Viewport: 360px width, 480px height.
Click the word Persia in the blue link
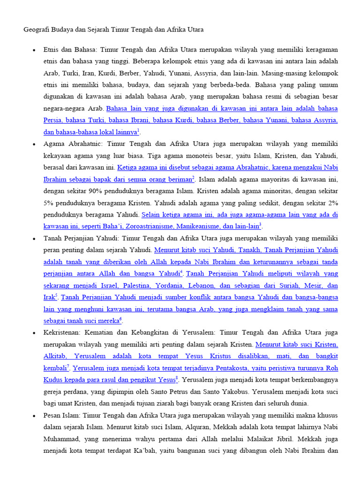pos(53,120)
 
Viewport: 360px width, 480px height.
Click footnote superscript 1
pos(139,130)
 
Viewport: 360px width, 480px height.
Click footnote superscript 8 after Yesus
pos(177,377)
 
